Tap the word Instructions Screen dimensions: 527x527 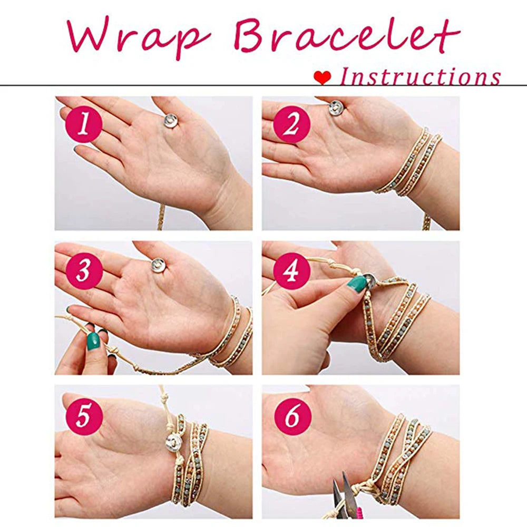(x=420, y=77)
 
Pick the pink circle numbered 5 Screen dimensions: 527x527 (x=84, y=416)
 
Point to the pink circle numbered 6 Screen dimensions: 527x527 (x=291, y=416)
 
